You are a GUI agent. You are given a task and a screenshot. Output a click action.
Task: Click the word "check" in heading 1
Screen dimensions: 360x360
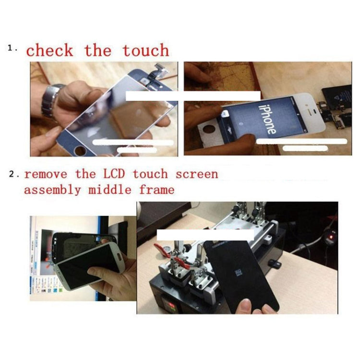[49, 50]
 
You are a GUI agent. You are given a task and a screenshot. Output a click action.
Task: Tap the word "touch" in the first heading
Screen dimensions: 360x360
[145, 50]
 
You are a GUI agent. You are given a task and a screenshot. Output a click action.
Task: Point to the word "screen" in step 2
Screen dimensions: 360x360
[197, 174]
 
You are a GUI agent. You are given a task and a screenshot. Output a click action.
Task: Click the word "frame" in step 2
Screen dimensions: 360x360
[157, 190]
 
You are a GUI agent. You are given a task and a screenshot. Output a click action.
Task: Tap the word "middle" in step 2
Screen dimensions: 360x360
[110, 190]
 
